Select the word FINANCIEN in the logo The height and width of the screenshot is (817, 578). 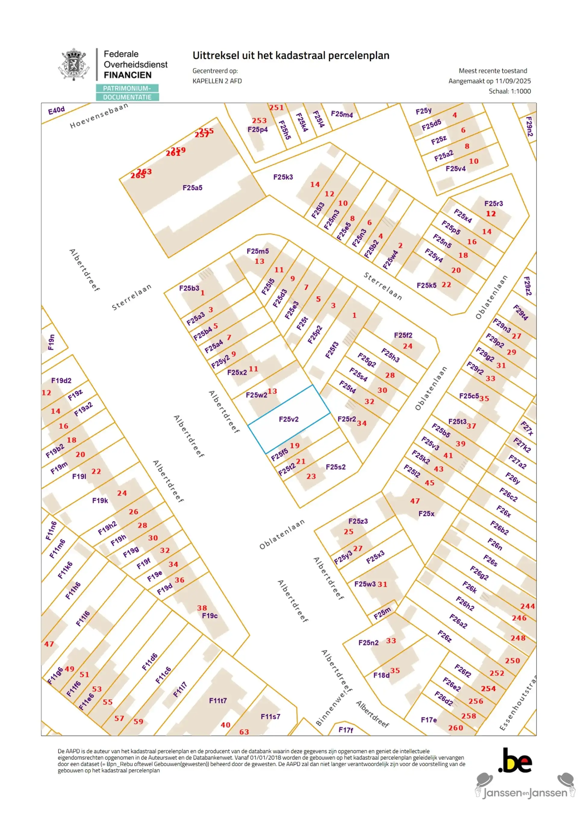click(127, 75)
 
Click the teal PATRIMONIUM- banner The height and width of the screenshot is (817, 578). click(127, 88)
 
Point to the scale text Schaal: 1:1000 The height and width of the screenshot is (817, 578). click(509, 91)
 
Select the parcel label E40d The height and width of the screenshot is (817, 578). click(56, 110)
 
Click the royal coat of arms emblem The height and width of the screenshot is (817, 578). click(73, 64)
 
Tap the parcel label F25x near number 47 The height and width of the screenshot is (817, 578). click(426, 514)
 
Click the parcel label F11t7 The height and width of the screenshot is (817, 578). click(218, 700)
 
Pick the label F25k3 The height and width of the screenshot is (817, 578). click(283, 177)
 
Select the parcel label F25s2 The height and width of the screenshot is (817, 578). click(335, 467)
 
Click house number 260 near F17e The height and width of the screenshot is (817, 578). click(455, 728)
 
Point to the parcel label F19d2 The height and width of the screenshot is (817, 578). click(61, 381)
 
